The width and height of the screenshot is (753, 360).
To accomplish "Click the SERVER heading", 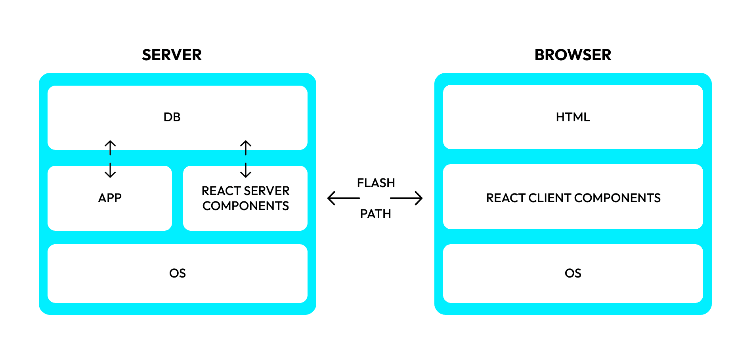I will coord(172,55).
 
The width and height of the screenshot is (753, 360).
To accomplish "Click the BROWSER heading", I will coord(573,55).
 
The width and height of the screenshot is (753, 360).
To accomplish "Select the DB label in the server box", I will coord(172,117).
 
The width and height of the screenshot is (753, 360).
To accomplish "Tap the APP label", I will coord(110,198).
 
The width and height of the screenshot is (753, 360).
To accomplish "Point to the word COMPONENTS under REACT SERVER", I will coord(246,206).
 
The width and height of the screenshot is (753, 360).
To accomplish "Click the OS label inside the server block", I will coord(177,274).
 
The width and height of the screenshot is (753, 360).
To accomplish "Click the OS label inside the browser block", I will coord(573,274).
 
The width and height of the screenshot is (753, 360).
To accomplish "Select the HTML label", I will coord(573,117).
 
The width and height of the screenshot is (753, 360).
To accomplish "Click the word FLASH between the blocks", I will coord(376,183).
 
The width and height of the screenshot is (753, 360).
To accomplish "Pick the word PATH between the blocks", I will coord(375,214).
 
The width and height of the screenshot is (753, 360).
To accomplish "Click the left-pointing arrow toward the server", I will coord(343,198).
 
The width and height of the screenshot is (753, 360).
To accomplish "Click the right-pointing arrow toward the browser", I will coord(407,198).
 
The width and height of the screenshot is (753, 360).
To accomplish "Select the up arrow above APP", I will coord(110,147).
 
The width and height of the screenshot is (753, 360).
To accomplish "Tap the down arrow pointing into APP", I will coord(110,170).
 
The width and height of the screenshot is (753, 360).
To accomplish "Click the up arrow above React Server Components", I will coord(246,147).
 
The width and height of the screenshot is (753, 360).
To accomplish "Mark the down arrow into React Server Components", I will coord(246,170).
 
